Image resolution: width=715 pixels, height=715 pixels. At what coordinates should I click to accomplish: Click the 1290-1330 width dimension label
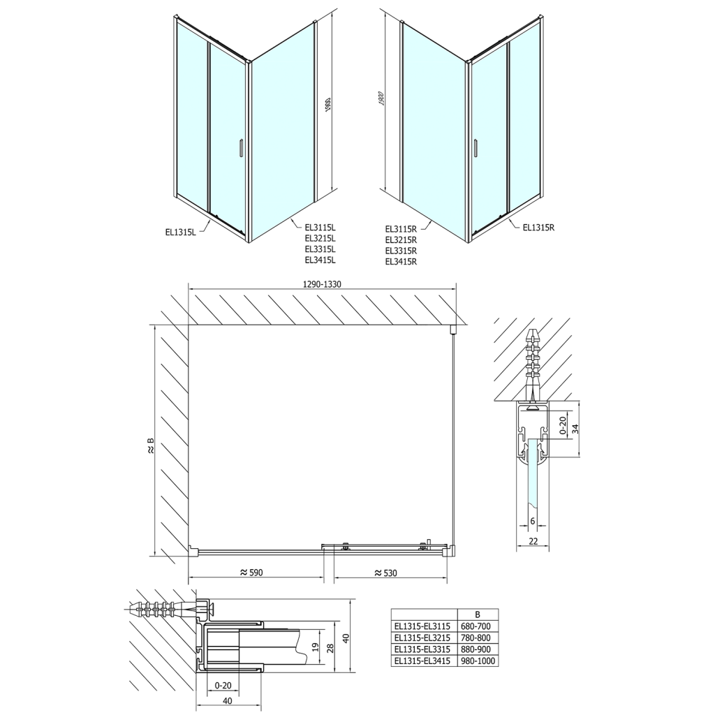tap(322, 284)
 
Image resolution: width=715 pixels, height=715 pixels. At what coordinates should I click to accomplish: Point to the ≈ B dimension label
tap(150, 447)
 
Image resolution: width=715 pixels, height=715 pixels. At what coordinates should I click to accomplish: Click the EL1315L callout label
tap(181, 233)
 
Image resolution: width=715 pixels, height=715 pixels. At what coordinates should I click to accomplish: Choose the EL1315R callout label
tap(538, 227)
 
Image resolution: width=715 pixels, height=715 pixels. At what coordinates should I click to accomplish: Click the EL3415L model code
tap(320, 260)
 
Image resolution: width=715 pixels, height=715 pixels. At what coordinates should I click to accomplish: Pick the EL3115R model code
tap(401, 228)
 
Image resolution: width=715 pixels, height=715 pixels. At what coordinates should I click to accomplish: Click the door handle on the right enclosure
tap(476, 149)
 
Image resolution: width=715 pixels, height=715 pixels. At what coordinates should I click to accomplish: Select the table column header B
tap(478, 614)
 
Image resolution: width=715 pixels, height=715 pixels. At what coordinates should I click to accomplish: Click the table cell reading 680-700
tap(478, 626)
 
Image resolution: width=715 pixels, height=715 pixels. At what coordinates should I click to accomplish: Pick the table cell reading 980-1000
tap(478, 660)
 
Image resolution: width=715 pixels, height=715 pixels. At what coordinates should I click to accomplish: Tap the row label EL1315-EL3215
tap(422, 637)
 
